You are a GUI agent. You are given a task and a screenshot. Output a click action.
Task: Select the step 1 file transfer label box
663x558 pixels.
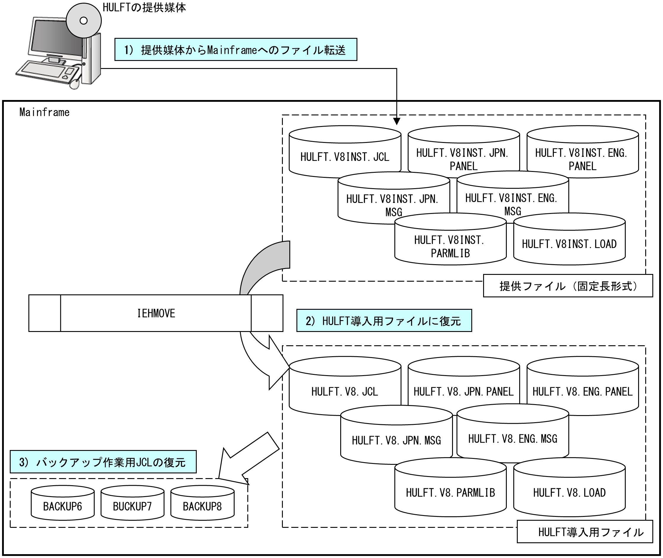236,49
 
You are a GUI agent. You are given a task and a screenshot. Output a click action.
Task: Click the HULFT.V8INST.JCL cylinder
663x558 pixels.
345,152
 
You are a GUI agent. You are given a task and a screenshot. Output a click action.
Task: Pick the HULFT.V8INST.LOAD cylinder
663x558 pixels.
570,239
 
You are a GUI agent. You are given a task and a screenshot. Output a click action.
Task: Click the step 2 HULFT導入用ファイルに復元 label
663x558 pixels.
384,321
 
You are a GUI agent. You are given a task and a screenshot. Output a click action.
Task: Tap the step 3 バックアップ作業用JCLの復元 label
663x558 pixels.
103,462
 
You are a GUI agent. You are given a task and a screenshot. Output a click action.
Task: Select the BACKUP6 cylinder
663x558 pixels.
63,503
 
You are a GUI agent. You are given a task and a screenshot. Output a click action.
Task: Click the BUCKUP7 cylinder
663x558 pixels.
133,503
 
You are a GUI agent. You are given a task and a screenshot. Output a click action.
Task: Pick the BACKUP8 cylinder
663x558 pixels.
202,503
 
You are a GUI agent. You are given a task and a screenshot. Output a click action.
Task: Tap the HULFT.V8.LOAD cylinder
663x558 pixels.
570,488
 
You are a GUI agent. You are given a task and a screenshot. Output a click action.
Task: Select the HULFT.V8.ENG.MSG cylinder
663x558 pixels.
513,435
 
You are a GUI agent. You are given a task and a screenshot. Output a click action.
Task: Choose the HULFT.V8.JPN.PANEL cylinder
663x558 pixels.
464,386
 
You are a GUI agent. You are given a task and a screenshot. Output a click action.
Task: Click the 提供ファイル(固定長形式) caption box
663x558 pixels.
568,286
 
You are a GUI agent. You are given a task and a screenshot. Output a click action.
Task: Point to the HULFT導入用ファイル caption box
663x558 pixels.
585,532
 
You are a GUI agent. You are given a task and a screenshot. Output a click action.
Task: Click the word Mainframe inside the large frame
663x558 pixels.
44,112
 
